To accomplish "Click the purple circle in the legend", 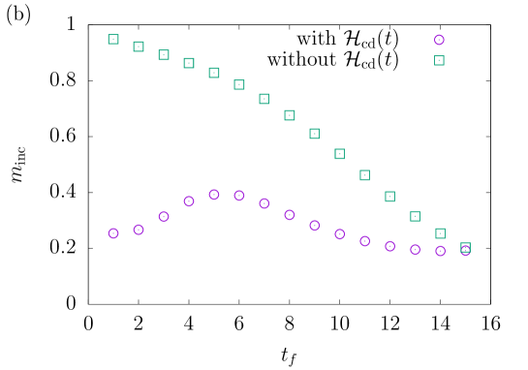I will (439, 40).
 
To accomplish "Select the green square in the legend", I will (439, 60).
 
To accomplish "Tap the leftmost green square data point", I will (113, 39).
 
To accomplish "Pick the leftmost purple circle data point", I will (113, 233).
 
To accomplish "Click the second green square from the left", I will (139, 46).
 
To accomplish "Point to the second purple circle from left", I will (139, 230).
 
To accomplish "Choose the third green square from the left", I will (164, 55).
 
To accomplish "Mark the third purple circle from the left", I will (164, 217).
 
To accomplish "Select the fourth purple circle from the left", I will (189, 201).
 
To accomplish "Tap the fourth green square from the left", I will (189, 63).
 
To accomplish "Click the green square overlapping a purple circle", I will (465, 248).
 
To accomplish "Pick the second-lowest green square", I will (440, 233).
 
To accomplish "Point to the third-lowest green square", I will (415, 216).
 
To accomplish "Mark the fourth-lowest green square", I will (389, 197).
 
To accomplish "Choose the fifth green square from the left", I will (214, 73).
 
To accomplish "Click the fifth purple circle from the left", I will (214, 195).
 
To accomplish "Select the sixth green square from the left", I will (239, 84).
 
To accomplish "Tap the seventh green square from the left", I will (264, 99).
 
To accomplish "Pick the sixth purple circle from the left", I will (239, 196).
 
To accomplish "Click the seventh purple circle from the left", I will (264, 203).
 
